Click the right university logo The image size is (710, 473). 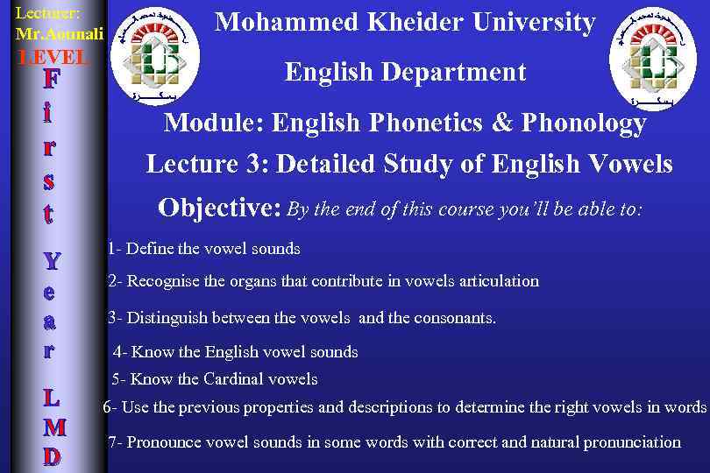pyautogui.click(x=653, y=60)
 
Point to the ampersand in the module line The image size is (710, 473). pyautogui.click(x=502, y=124)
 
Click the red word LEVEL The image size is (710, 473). pyautogui.click(x=54, y=58)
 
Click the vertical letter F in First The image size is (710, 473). pyautogui.click(x=52, y=81)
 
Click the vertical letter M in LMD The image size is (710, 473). pyautogui.click(x=53, y=427)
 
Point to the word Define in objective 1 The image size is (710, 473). pyautogui.click(x=150, y=249)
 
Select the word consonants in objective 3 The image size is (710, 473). pyautogui.click(x=453, y=318)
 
